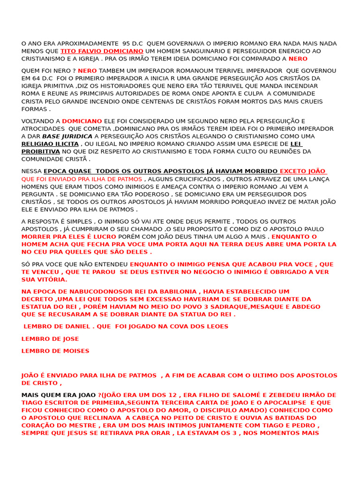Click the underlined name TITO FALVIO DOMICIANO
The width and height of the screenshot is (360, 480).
[102, 51]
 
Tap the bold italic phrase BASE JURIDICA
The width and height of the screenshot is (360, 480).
[67, 136]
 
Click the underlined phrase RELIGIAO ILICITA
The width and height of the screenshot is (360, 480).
[50, 144]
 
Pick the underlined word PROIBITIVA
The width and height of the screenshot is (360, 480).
[41, 151]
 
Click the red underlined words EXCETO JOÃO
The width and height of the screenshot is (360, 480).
[303, 172]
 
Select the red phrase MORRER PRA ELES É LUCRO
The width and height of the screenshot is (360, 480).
[68, 237]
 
